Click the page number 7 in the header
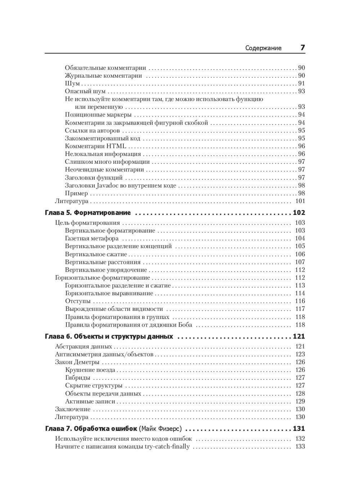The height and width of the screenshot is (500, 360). tap(302, 48)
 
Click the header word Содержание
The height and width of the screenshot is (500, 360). tap(263, 48)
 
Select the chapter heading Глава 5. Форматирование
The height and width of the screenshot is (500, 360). tap(87, 213)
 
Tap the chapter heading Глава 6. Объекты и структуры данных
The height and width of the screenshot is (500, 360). tap(109, 337)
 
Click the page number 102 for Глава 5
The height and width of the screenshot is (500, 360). tap(299, 213)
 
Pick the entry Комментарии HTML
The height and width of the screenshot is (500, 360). tap(95, 146)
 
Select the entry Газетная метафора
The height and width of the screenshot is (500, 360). tap(92, 238)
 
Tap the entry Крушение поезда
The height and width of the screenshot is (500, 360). tap(90, 370)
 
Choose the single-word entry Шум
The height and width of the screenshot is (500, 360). tap(72, 84)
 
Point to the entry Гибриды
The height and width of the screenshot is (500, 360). tap(78, 378)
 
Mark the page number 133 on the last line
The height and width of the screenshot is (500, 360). tap(300, 447)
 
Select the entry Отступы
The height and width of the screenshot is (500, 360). tap(78, 301)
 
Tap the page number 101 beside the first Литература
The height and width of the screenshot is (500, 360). tap(300, 201)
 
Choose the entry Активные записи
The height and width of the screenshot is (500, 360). tap(90, 401)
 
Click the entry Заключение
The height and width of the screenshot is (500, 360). tap(73, 409)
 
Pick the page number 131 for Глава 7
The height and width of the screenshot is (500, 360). tap(299, 429)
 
